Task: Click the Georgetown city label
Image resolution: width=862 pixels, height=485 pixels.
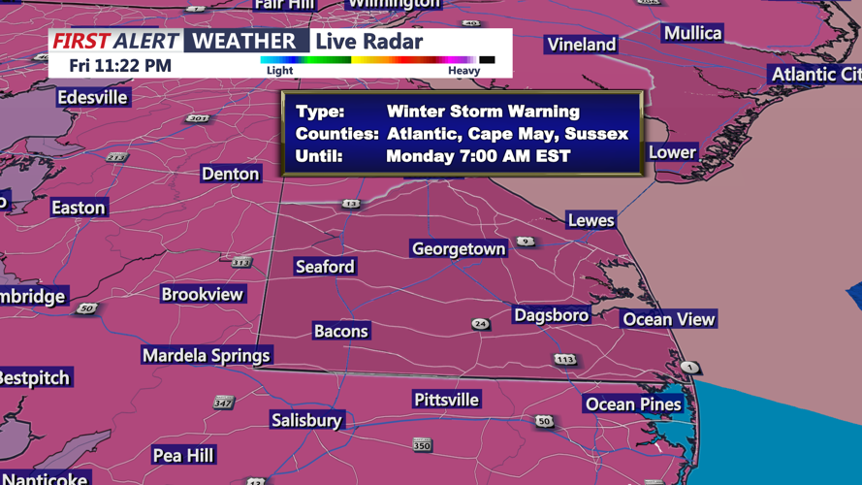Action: (x=459, y=249)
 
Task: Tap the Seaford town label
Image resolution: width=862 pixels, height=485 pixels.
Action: (x=325, y=267)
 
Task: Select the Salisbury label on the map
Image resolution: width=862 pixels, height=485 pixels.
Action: (x=306, y=420)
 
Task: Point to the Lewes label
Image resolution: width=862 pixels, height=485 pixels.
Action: (x=591, y=220)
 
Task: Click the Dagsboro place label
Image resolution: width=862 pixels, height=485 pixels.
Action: (x=551, y=315)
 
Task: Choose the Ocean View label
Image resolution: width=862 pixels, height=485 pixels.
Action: (x=668, y=319)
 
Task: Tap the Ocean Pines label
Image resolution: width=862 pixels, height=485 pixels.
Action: (x=632, y=404)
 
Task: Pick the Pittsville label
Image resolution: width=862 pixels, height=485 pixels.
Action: (x=446, y=400)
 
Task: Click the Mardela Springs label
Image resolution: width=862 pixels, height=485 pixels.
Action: (x=206, y=355)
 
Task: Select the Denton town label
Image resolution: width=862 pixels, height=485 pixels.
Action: (x=231, y=174)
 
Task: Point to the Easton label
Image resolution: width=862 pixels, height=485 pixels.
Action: (x=79, y=208)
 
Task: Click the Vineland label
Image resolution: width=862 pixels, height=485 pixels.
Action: (x=581, y=45)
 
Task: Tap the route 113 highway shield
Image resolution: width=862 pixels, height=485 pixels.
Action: (x=565, y=360)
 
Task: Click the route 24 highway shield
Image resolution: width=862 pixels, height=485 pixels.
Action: (x=480, y=324)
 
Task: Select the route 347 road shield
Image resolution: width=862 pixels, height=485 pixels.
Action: (x=223, y=402)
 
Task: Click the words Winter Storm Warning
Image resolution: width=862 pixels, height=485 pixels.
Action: (x=483, y=112)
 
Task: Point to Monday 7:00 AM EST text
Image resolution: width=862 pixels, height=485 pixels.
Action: (x=478, y=155)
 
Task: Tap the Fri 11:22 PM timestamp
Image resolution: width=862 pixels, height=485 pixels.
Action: (x=120, y=66)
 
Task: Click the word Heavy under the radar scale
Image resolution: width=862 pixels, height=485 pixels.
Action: (x=463, y=70)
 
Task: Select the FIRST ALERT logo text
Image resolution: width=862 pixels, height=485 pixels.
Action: (x=115, y=41)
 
